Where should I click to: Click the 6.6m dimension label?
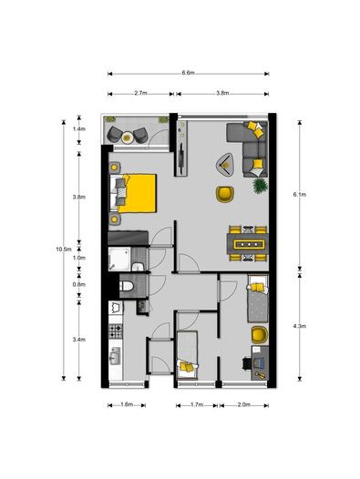point(189,72)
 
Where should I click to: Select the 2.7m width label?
point(140,93)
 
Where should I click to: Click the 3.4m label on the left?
point(79,339)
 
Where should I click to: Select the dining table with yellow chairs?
point(247,243)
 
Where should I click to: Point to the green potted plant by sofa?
point(261,185)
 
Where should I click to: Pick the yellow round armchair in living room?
point(224,193)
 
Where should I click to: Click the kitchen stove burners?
point(116,328)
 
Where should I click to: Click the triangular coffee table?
point(224,164)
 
